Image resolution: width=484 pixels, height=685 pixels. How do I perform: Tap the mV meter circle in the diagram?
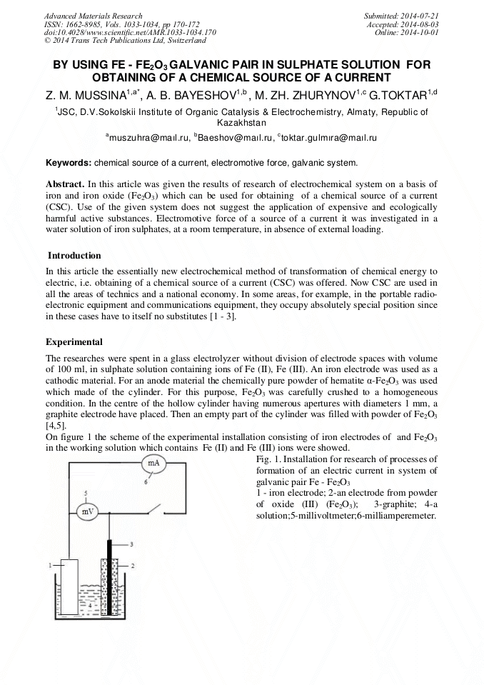(x=86, y=511)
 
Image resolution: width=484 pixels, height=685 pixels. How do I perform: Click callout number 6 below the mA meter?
(x=146, y=482)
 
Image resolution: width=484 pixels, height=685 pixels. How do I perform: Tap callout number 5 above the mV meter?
(x=86, y=494)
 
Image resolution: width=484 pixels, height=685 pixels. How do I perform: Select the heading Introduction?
(x=74, y=256)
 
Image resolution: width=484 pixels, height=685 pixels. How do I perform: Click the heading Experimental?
(x=74, y=341)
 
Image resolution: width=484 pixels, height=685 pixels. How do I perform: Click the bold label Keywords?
(x=69, y=162)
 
